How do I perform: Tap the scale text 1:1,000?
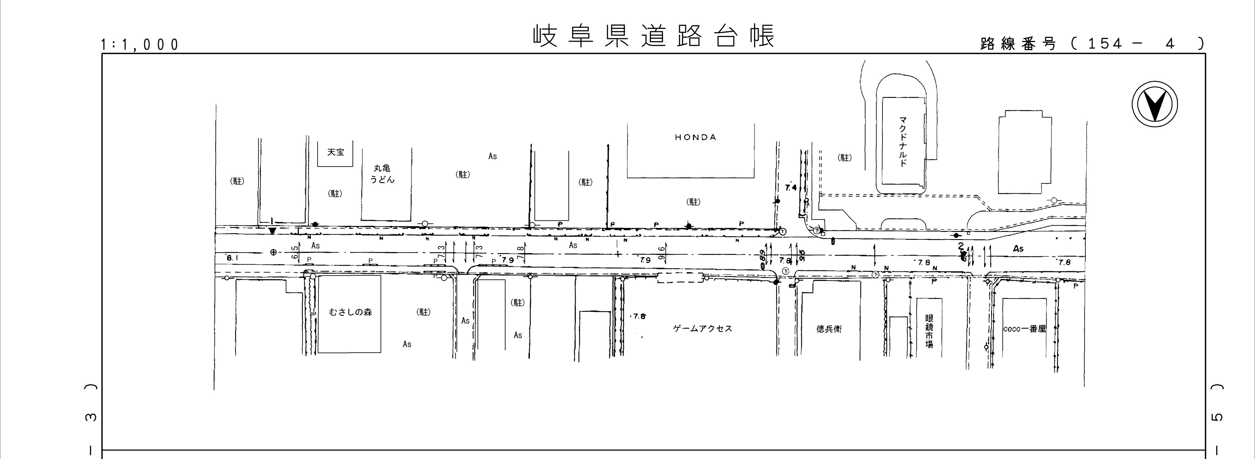140,45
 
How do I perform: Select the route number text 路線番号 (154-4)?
1091,44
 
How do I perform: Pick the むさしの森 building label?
350,312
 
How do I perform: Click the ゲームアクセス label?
703,328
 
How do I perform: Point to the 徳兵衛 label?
829,329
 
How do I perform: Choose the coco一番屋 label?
1025,329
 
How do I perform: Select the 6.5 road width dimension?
295,252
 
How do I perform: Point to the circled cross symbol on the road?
273,252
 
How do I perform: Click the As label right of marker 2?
1018,248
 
